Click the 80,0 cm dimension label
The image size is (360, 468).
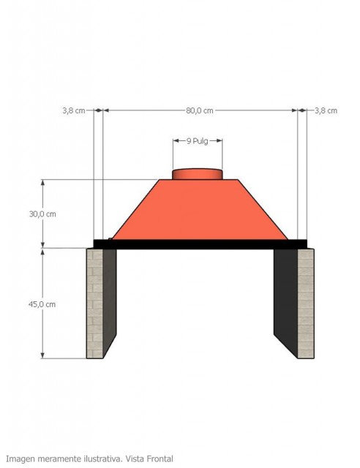coord(200,110)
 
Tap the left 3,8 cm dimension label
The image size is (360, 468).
coord(73,110)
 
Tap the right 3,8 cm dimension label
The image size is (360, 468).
coord(326,110)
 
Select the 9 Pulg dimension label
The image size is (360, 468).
coord(197,141)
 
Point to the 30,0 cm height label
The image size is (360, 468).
coord(42,214)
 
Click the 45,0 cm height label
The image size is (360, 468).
coord(42,304)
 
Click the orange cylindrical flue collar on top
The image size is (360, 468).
coord(198,174)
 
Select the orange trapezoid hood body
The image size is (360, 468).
coord(200,210)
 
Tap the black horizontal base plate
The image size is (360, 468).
coord(200,244)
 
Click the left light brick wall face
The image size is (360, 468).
coord(94,303)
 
